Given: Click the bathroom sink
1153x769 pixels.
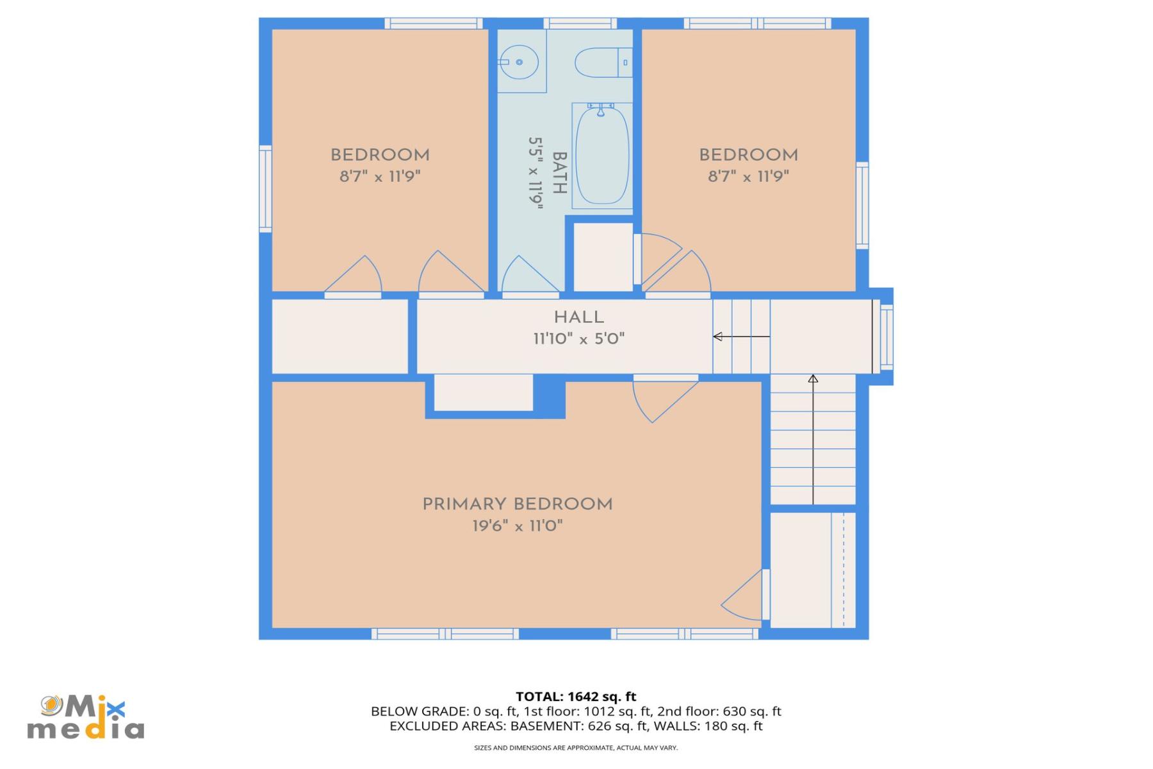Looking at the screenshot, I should click(519, 62).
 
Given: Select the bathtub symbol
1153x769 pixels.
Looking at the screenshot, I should click(601, 155).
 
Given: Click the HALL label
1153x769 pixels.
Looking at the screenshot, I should click(578, 317).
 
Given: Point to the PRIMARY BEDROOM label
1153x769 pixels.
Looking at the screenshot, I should click(517, 504).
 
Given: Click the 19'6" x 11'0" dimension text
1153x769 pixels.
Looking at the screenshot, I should click(517, 526).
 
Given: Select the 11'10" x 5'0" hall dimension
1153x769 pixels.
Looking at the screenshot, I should click(578, 339).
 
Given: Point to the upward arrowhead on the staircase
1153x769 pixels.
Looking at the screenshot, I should click(813, 379).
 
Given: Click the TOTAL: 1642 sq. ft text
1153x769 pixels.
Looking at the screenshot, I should click(576, 697).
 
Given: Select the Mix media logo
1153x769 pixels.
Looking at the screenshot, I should click(85, 717).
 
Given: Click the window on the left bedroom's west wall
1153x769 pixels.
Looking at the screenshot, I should click(265, 188).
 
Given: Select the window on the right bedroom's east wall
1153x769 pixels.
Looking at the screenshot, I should click(862, 205).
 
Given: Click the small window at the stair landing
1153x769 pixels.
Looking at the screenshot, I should click(887, 336).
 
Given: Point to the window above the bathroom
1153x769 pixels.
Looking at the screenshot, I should click(580, 24).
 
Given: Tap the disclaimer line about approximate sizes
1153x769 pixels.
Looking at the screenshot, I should click(576, 748).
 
